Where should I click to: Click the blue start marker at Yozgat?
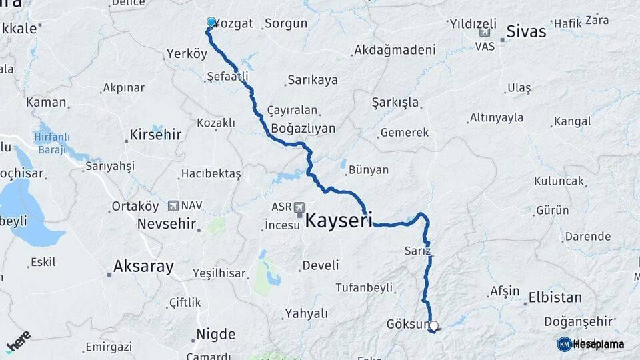pos(211,22)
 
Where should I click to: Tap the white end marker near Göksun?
pos(434,326)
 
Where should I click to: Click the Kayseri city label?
pos(339,220)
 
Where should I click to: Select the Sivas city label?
pos(526,31)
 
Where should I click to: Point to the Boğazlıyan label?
pos(303,129)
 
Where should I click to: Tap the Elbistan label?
pos(555,297)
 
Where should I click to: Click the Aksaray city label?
pos(143,267)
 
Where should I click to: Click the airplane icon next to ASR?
pos(299,207)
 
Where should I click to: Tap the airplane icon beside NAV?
pos(173,206)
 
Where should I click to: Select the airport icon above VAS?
pos(485,33)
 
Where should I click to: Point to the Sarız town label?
pos(418,251)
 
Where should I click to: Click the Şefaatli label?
pos(227,77)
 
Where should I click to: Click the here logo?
pos(18,341)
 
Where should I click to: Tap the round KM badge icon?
pos(564,344)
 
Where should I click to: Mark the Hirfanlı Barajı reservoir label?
pos(51,143)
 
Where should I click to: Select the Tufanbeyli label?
pos(363,287)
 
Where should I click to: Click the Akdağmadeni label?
pos(395,50)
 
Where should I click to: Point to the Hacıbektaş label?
pos(211,173)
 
